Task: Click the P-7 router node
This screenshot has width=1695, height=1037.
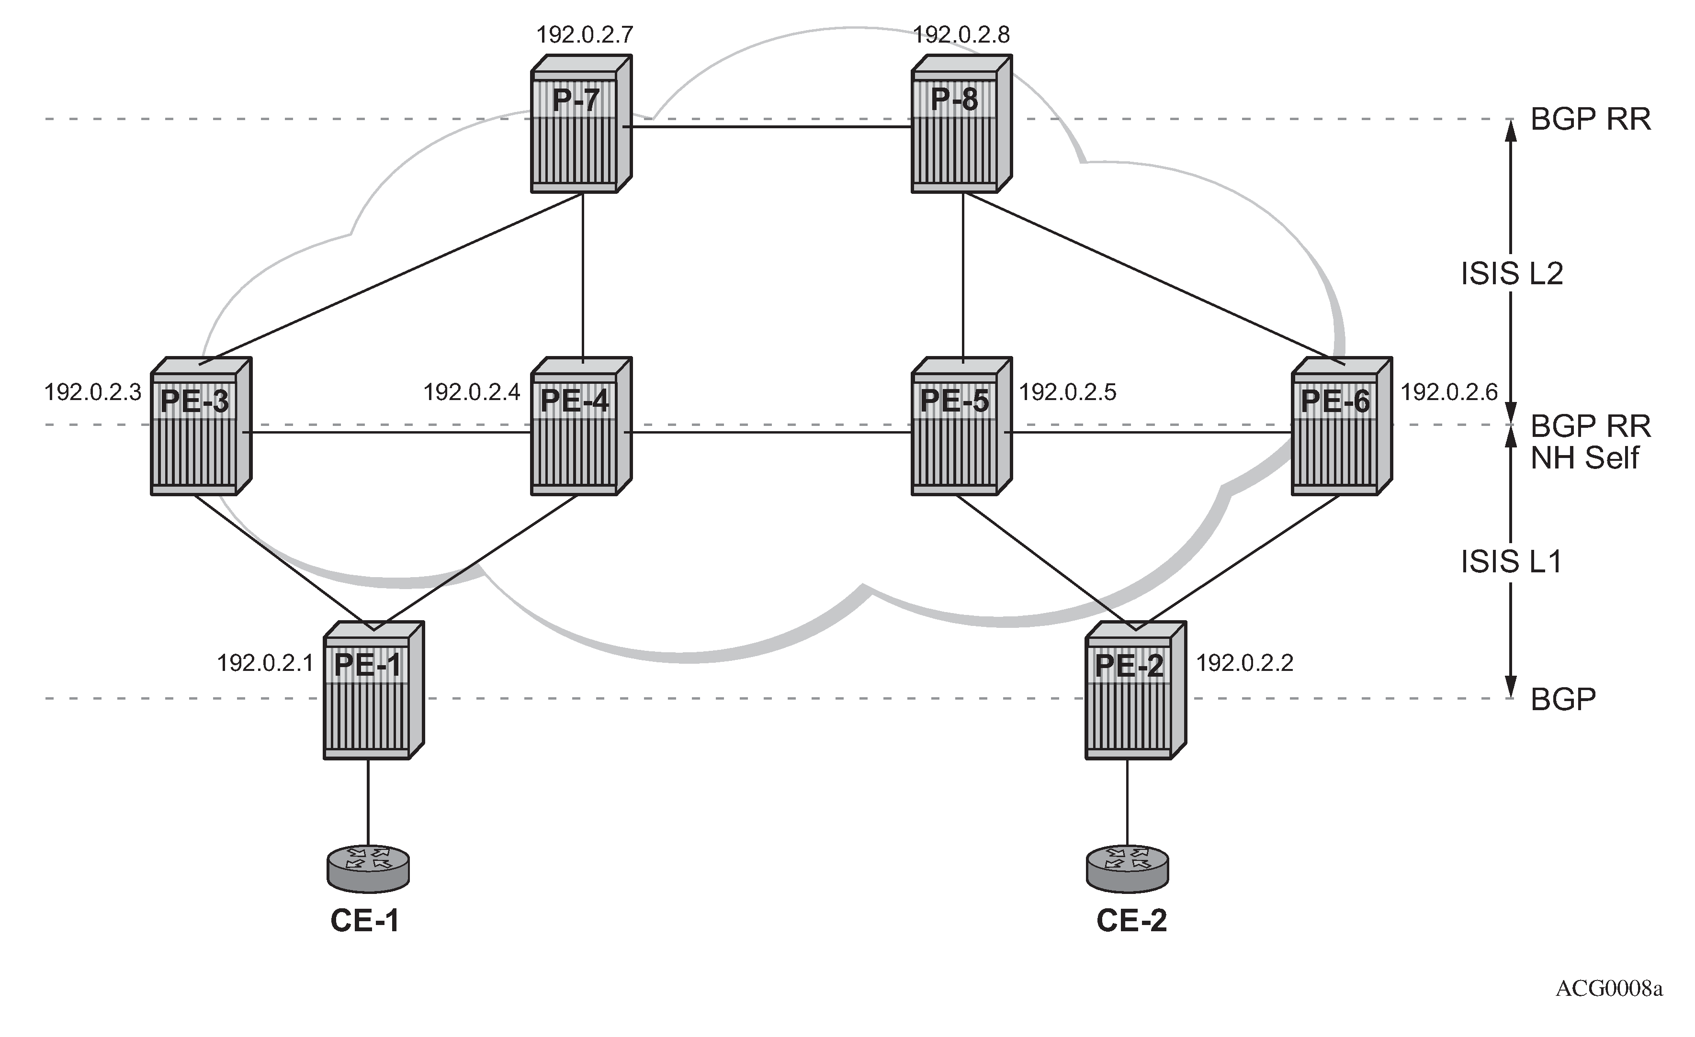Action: click(581, 124)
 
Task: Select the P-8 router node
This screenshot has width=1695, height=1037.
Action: click(961, 124)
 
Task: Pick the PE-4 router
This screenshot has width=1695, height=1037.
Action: click(581, 426)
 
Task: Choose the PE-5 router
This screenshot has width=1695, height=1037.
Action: click(961, 426)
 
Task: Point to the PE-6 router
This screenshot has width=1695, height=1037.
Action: click(1342, 426)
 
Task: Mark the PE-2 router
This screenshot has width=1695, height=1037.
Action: click(1136, 691)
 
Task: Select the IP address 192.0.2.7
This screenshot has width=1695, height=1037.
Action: click(585, 34)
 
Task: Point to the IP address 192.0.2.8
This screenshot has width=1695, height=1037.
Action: click(961, 34)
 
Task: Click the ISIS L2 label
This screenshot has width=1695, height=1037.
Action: click(1512, 274)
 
